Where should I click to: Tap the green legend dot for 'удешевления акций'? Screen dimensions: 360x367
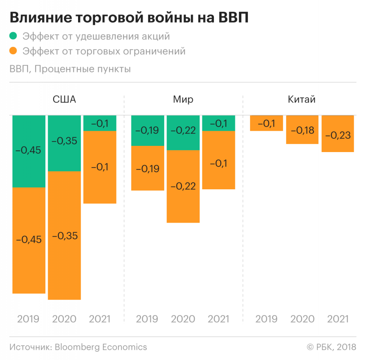tap(14, 36)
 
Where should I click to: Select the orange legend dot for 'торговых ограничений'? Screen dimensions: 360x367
tap(14, 51)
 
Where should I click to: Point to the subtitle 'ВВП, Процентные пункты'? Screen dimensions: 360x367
tap(70, 69)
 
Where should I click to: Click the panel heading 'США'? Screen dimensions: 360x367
tap(64, 99)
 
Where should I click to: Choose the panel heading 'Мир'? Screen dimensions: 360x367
tap(183, 99)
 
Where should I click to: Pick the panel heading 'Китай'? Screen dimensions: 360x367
tap(302, 99)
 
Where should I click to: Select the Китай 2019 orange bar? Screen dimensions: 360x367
tap(266, 123)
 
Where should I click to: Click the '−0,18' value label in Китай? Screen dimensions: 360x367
tap(302, 130)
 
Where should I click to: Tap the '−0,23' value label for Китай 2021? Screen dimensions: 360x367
tap(337, 135)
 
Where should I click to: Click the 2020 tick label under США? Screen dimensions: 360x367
tap(64, 319)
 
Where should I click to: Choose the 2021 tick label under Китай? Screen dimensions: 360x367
tap(337, 319)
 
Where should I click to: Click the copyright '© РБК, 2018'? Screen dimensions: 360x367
tap(331, 347)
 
